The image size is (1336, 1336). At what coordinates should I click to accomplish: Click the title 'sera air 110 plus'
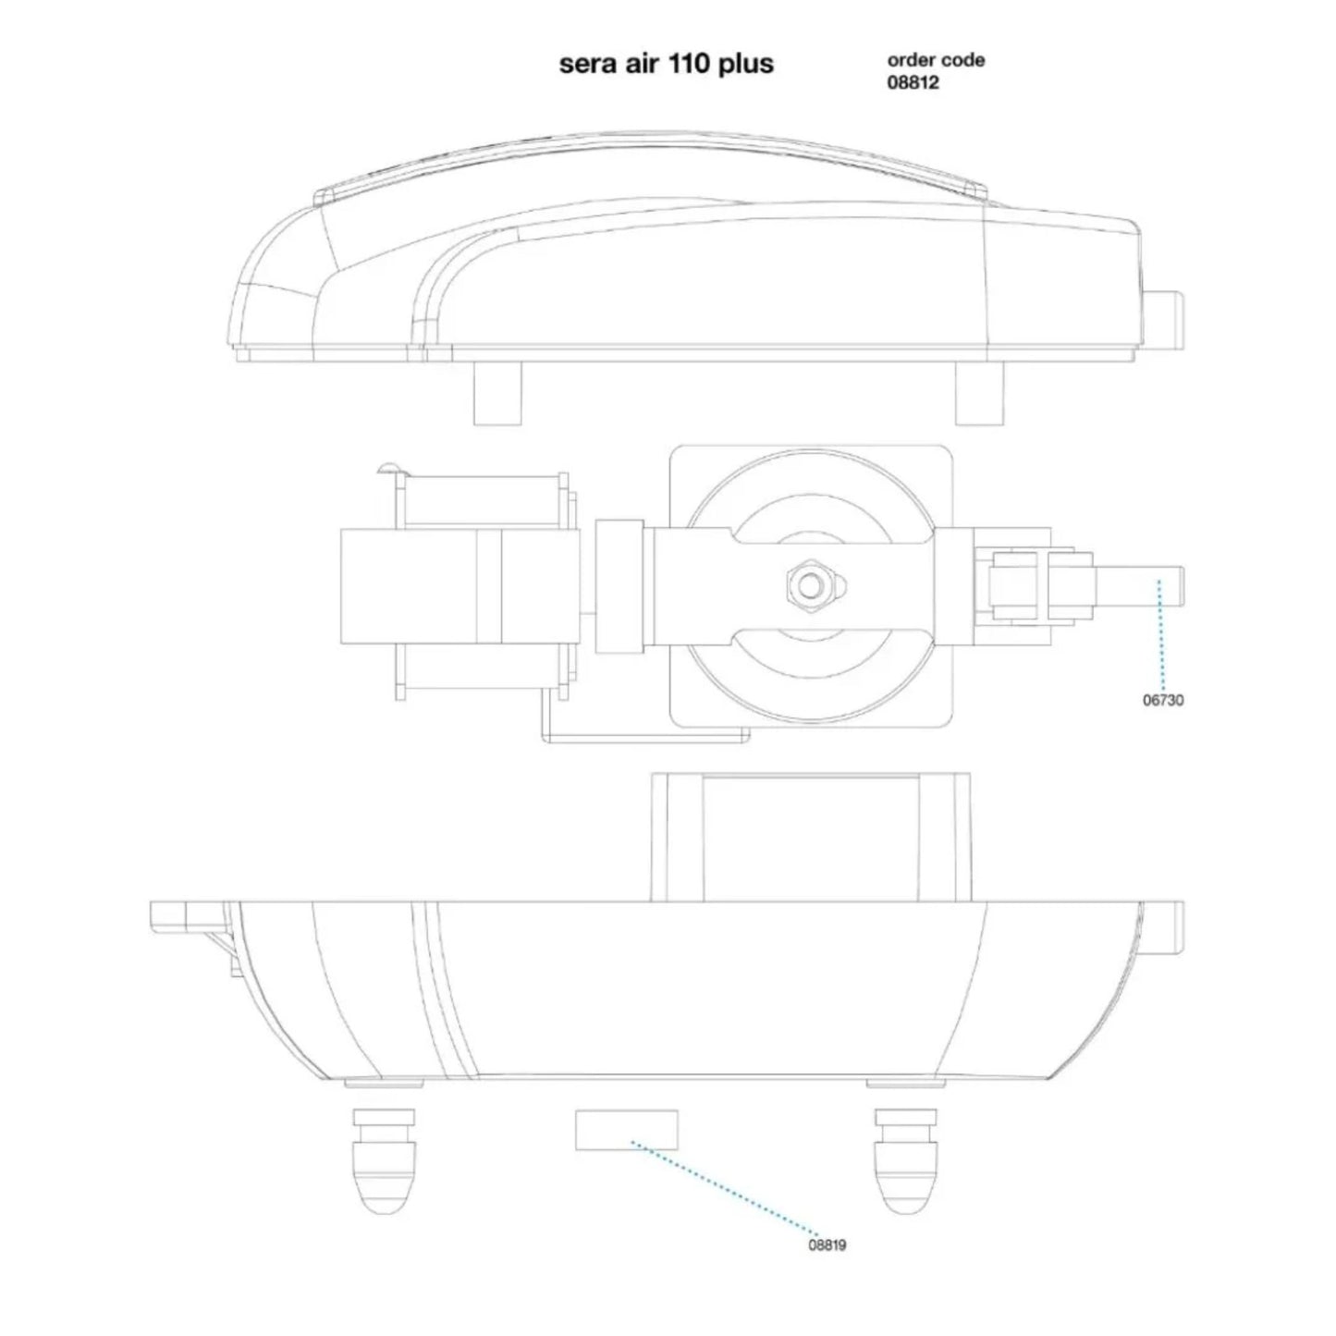point(666,64)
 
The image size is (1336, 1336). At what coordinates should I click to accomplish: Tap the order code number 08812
point(913,83)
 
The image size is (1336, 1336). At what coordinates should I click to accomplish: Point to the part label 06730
point(1163,700)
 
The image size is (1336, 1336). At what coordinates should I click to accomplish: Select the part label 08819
point(827,1244)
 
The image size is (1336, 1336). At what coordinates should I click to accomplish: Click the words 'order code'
point(936,60)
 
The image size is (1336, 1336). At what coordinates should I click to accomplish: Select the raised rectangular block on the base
point(811,836)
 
